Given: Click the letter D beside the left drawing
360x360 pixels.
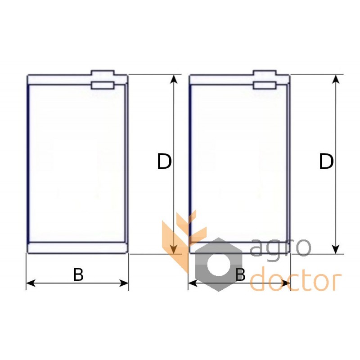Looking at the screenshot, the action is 164,162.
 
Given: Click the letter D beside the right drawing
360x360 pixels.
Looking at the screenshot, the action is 326,162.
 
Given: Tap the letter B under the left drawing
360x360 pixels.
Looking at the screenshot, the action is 78,274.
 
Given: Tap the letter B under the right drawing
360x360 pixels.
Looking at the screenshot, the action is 240,274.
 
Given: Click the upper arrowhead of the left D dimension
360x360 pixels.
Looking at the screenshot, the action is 174,79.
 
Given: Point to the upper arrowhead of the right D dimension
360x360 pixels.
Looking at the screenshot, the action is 336,79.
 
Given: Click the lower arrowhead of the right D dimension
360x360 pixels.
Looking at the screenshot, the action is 336,249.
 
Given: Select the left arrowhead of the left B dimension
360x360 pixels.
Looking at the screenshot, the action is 31,283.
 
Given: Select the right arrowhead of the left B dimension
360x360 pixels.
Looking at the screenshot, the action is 124,283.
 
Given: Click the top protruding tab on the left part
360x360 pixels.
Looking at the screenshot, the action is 103,73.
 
